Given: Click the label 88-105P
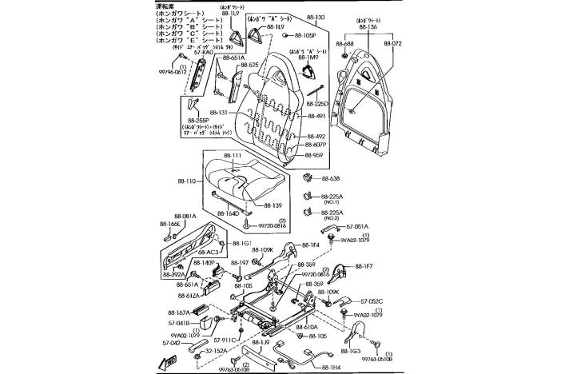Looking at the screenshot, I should click(x=304, y=36).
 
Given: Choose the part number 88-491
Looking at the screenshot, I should click(x=316, y=116).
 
